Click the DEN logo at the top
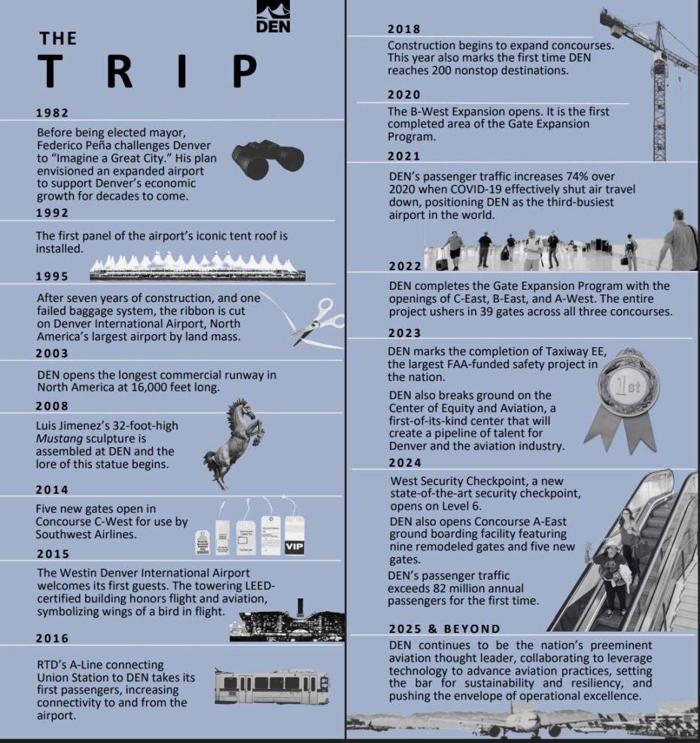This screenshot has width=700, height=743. tap(272, 17)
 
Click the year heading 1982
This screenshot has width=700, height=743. tap(52, 112)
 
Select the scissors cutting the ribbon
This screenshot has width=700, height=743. tap(315, 320)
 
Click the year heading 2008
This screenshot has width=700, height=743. tap(52, 407)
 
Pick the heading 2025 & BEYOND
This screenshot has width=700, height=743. tap(444, 629)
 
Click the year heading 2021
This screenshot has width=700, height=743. tap(404, 157)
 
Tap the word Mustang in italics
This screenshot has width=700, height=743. tap(58, 438)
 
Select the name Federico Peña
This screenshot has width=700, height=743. tap(75, 145)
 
